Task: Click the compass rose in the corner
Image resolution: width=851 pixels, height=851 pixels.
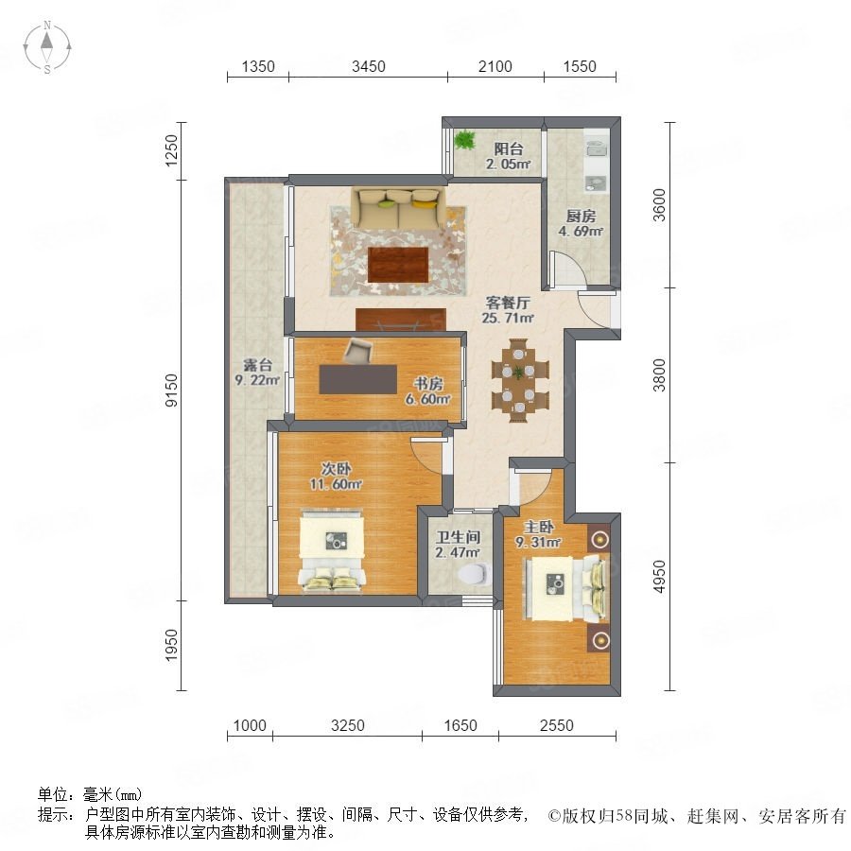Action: tap(47, 47)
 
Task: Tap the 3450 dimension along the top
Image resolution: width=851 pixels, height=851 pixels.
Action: tap(369, 66)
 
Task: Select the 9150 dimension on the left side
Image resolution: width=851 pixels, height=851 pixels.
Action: tap(171, 391)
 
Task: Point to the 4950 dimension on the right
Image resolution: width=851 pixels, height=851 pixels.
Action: tap(659, 577)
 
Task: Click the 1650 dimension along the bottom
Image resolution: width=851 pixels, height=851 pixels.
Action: tap(460, 725)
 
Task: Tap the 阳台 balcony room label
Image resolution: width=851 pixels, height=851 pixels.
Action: tap(509, 148)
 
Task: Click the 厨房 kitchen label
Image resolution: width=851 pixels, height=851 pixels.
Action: tap(581, 216)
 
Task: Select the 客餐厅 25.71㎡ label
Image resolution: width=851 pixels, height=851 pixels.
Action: tap(508, 310)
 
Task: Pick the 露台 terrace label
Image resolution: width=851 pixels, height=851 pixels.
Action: tap(257, 365)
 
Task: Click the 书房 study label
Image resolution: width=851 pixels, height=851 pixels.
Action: tap(428, 384)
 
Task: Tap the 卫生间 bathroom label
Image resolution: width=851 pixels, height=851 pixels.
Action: tap(459, 537)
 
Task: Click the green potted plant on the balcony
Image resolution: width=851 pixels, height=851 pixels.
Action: tap(464, 140)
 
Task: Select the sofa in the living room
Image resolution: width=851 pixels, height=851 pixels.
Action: tap(398, 208)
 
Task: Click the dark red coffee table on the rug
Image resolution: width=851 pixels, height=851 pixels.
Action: tap(398, 265)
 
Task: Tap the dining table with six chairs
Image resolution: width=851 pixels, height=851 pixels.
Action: tap(519, 380)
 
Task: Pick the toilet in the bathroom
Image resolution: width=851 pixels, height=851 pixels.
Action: tap(474, 575)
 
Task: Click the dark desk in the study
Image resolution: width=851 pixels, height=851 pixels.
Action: tap(358, 379)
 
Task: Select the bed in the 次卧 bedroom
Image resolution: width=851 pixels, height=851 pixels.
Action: tap(331, 549)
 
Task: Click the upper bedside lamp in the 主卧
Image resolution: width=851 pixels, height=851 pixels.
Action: tap(599, 539)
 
